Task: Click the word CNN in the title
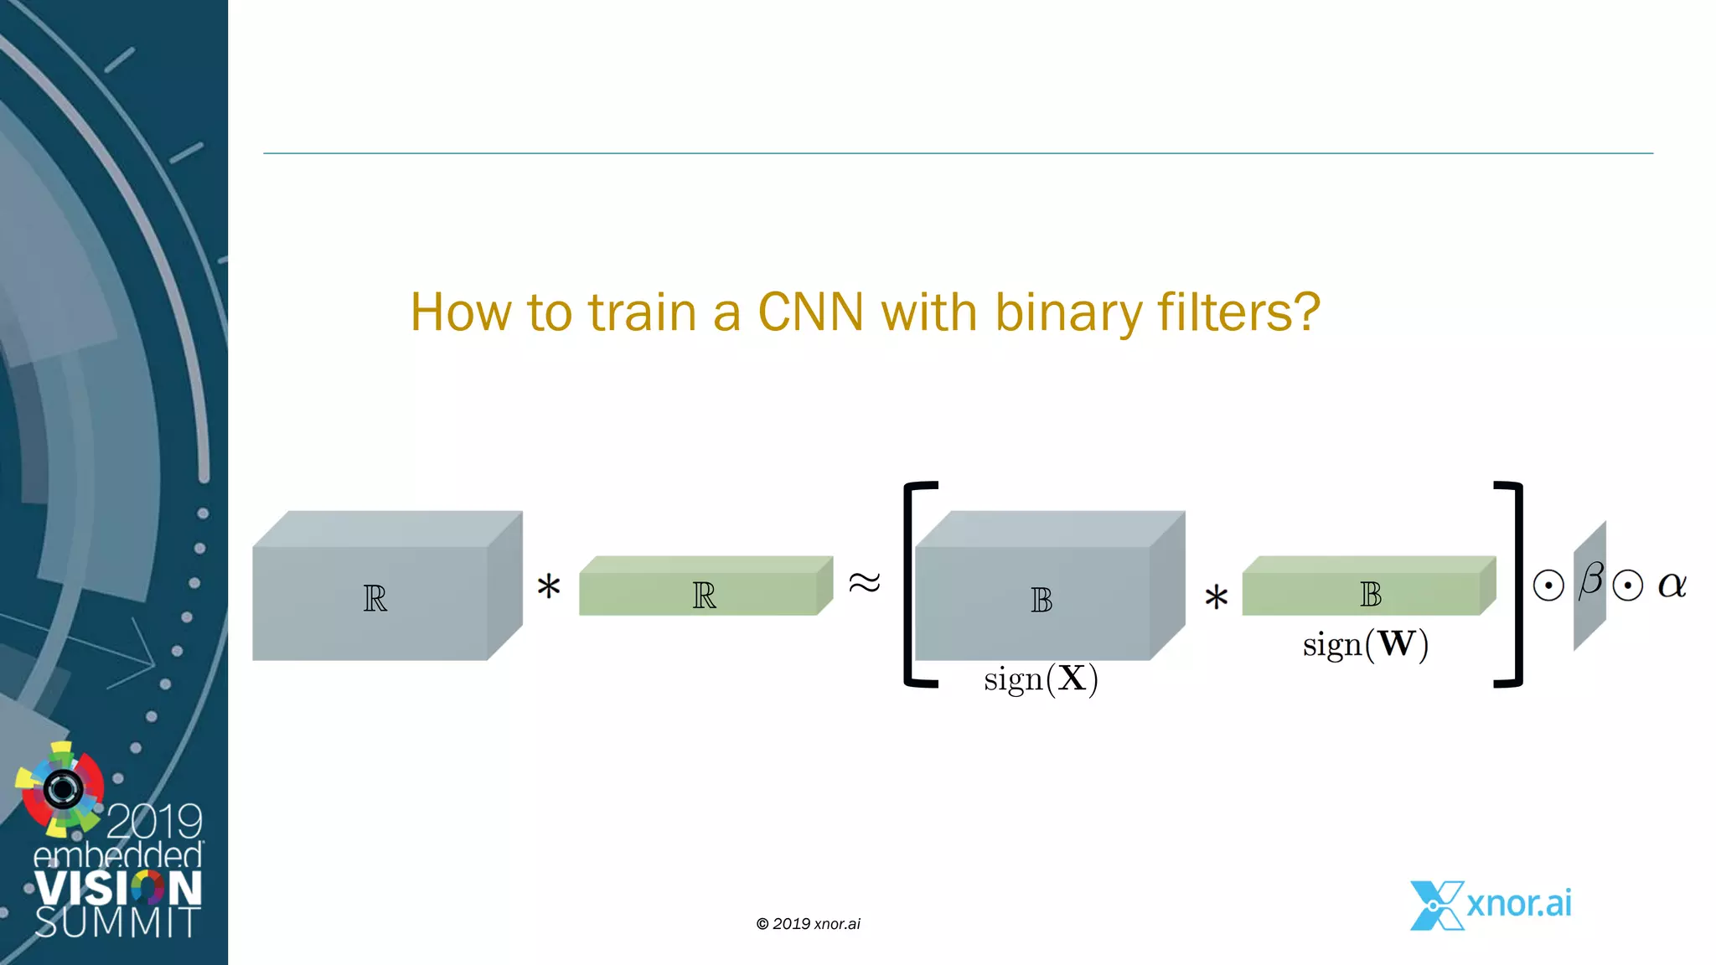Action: pyautogui.click(x=809, y=312)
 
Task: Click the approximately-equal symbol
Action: pyautogui.click(x=865, y=582)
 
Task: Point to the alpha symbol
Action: pyautogui.click(x=1672, y=585)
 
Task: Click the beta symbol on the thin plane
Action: pyautogui.click(x=1590, y=580)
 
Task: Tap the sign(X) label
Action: pyautogui.click(x=1041, y=679)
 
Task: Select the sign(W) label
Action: pyautogui.click(x=1365, y=644)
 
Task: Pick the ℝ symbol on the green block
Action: pyautogui.click(x=704, y=596)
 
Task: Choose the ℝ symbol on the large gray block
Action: pyautogui.click(x=375, y=599)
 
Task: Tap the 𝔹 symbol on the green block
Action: pyautogui.click(x=1370, y=595)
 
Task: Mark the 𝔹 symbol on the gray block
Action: pyautogui.click(x=1041, y=600)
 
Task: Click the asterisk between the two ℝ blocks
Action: pyautogui.click(x=549, y=586)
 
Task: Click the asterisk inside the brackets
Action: pyautogui.click(x=1216, y=598)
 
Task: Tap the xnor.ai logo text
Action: pyautogui.click(x=1518, y=903)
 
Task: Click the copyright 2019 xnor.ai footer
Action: pyautogui.click(x=808, y=924)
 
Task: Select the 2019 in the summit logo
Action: pyautogui.click(x=154, y=821)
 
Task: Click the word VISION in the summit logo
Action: pyautogui.click(x=118, y=888)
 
